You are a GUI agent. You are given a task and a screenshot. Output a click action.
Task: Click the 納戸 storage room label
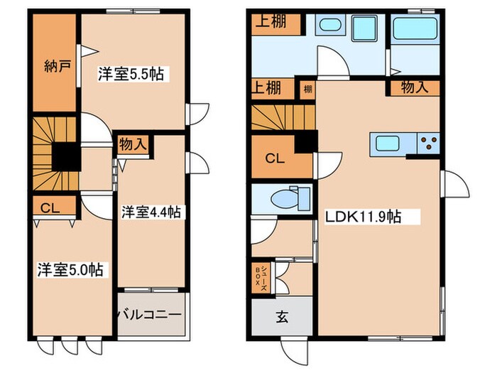click(x=57, y=67)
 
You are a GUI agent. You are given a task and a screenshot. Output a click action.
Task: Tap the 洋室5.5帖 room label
click(x=131, y=74)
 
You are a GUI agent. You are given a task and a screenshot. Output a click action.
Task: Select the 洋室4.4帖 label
click(x=151, y=212)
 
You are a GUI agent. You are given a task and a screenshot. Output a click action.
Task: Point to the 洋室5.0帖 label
click(x=70, y=270)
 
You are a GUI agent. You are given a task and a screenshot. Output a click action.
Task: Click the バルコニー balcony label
click(x=150, y=315)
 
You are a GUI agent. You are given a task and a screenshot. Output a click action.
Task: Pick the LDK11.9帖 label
click(x=363, y=217)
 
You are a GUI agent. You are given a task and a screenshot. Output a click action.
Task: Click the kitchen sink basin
click(x=388, y=144)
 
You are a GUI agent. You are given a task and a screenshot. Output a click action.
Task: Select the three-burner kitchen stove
click(x=429, y=143)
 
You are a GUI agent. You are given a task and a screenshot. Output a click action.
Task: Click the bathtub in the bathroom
click(x=415, y=28)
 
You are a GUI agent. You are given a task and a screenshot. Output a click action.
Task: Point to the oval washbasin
click(x=330, y=25)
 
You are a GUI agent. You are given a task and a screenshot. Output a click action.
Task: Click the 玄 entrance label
click(x=282, y=317)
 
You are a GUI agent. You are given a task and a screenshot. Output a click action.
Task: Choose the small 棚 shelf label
click(x=307, y=89)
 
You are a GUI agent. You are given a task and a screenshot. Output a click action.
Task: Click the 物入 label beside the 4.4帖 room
click(x=133, y=145)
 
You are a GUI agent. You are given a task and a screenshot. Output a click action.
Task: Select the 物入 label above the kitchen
click(x=415, y=87)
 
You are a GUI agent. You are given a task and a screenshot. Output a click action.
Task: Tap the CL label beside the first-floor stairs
click(x=275, y=158)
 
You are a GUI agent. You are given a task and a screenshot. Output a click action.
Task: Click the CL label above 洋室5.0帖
click(x=50, y=208)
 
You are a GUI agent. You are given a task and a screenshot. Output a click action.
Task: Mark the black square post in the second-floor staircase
click(x=66, y=157)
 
